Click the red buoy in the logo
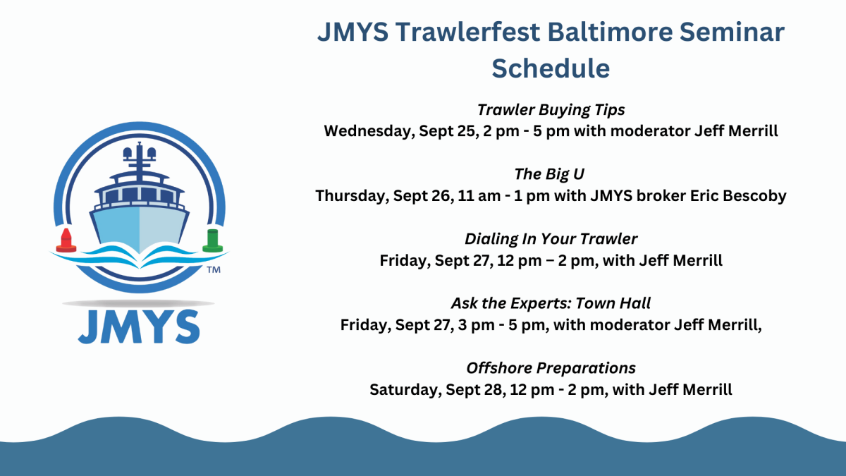point(66,240)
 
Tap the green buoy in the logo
point(211,240)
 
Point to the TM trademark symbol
point(212,270)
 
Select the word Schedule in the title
point(551,68)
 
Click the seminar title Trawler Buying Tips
point(551,110)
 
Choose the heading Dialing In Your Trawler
point(551,239)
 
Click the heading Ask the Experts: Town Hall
point(551,303)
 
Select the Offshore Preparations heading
point(551,368)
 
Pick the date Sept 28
point(477,389)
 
